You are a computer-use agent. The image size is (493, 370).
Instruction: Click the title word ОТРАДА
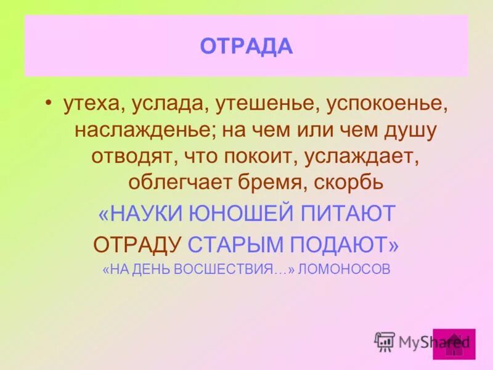pyautogui.click(x=246, y=46)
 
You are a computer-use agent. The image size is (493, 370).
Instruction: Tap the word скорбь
pyautogui.click(x=350, y=183)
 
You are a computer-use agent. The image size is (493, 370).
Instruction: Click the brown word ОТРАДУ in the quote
pyautogui.click(x=137, y=244)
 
